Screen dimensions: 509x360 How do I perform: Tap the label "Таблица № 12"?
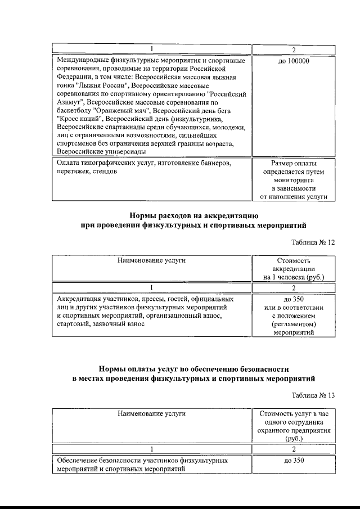pos(313,242)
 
